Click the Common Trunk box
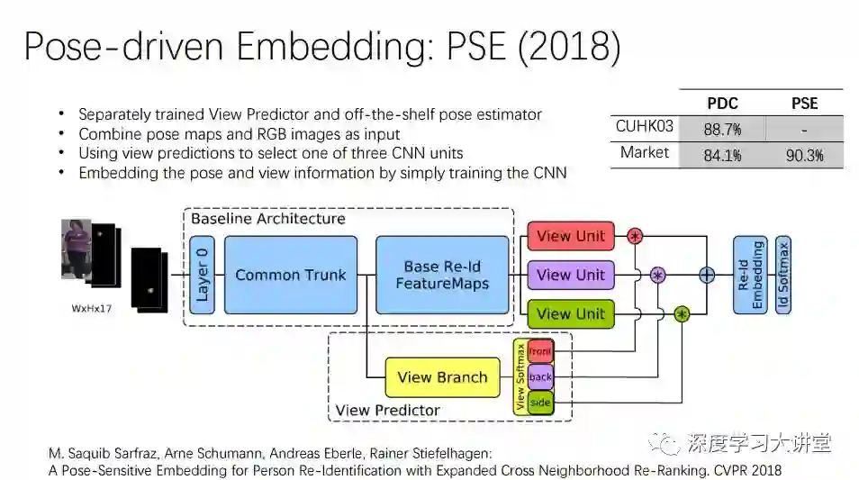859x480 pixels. pos(290,275)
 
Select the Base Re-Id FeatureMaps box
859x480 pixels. pos(441,275)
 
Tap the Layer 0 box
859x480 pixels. pos(203,275)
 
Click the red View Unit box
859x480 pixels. pos(571,236)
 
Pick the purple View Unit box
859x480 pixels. pos(571,275)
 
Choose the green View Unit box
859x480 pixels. pos(571,313)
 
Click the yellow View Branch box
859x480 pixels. pos(442,377)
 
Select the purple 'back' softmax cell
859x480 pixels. pos(540,377)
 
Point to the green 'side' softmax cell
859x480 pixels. pos(540,403)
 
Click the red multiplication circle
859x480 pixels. pos(635,237)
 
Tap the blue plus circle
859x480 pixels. pos(707,275)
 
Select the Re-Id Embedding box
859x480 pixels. pos(750,275)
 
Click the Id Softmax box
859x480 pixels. pos(783,275)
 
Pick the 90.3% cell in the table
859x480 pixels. pos(804,155)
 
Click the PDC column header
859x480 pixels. pos(723,103)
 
